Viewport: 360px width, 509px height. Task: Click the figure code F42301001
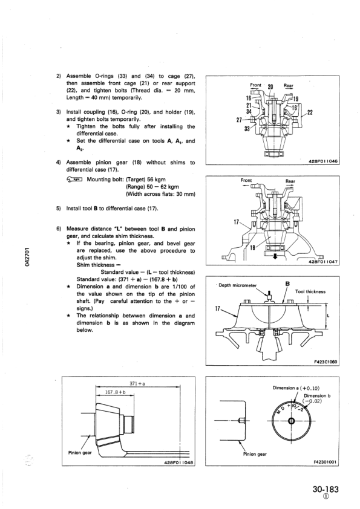(326, 463)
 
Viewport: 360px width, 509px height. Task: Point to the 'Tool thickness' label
(310, 291)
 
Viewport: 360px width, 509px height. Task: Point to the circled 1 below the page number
(325, 500)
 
